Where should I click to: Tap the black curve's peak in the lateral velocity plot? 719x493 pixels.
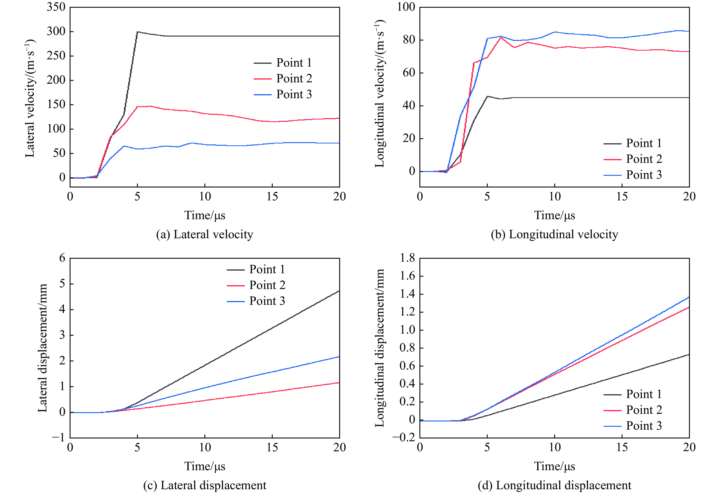(x=137, y=32)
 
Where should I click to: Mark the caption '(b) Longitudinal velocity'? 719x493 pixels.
(x=554, y=234)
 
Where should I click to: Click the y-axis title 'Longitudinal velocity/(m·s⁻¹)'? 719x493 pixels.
(x=380, y=93)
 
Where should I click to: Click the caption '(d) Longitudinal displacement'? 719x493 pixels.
(x=554, y=485)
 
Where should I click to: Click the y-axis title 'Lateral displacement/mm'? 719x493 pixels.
(x=43, y=348)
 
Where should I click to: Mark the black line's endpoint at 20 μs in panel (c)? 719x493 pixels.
(x=339, y=291)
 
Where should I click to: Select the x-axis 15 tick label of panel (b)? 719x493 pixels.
(x=622, y=197)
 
